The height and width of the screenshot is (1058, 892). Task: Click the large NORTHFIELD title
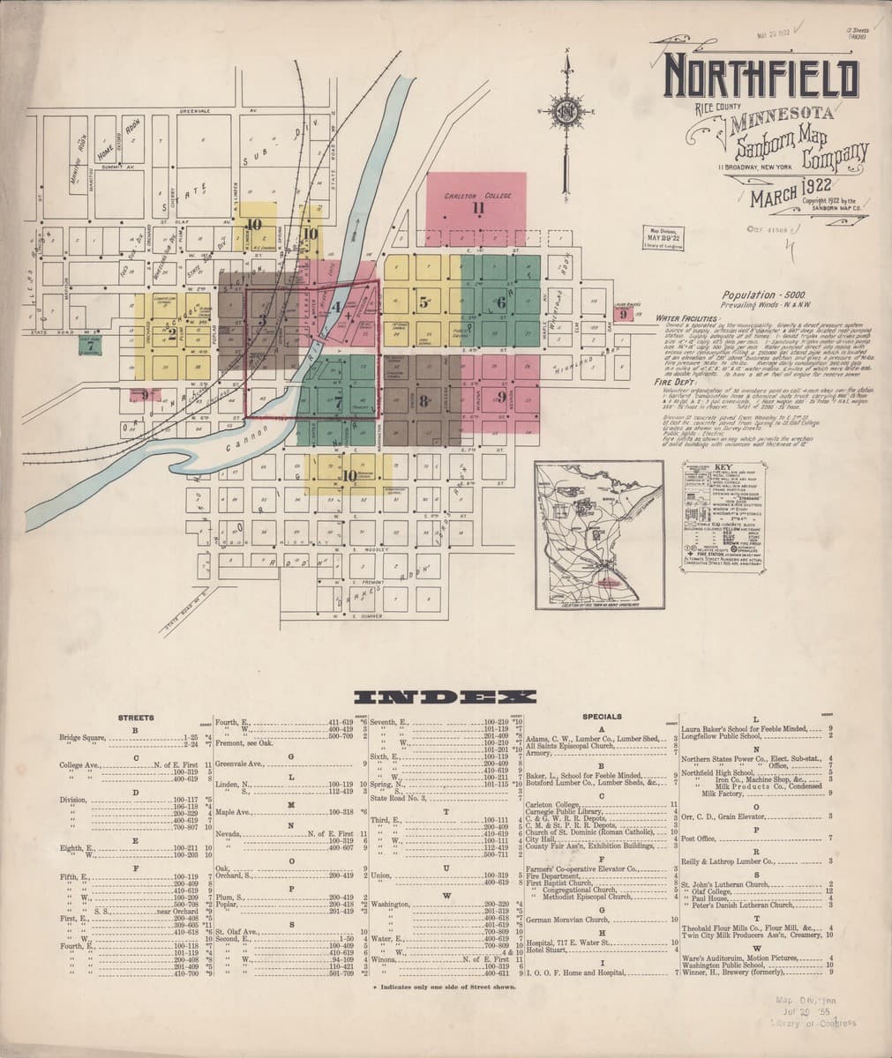[761, 78]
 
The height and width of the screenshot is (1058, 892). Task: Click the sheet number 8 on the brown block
[424, 402]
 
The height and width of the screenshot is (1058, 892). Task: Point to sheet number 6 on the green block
[501, 302]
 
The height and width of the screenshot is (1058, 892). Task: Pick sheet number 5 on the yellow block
[424, 302]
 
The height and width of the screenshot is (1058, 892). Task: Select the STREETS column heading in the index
[136, 718]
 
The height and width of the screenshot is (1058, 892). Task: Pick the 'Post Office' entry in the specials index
[699, 838]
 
